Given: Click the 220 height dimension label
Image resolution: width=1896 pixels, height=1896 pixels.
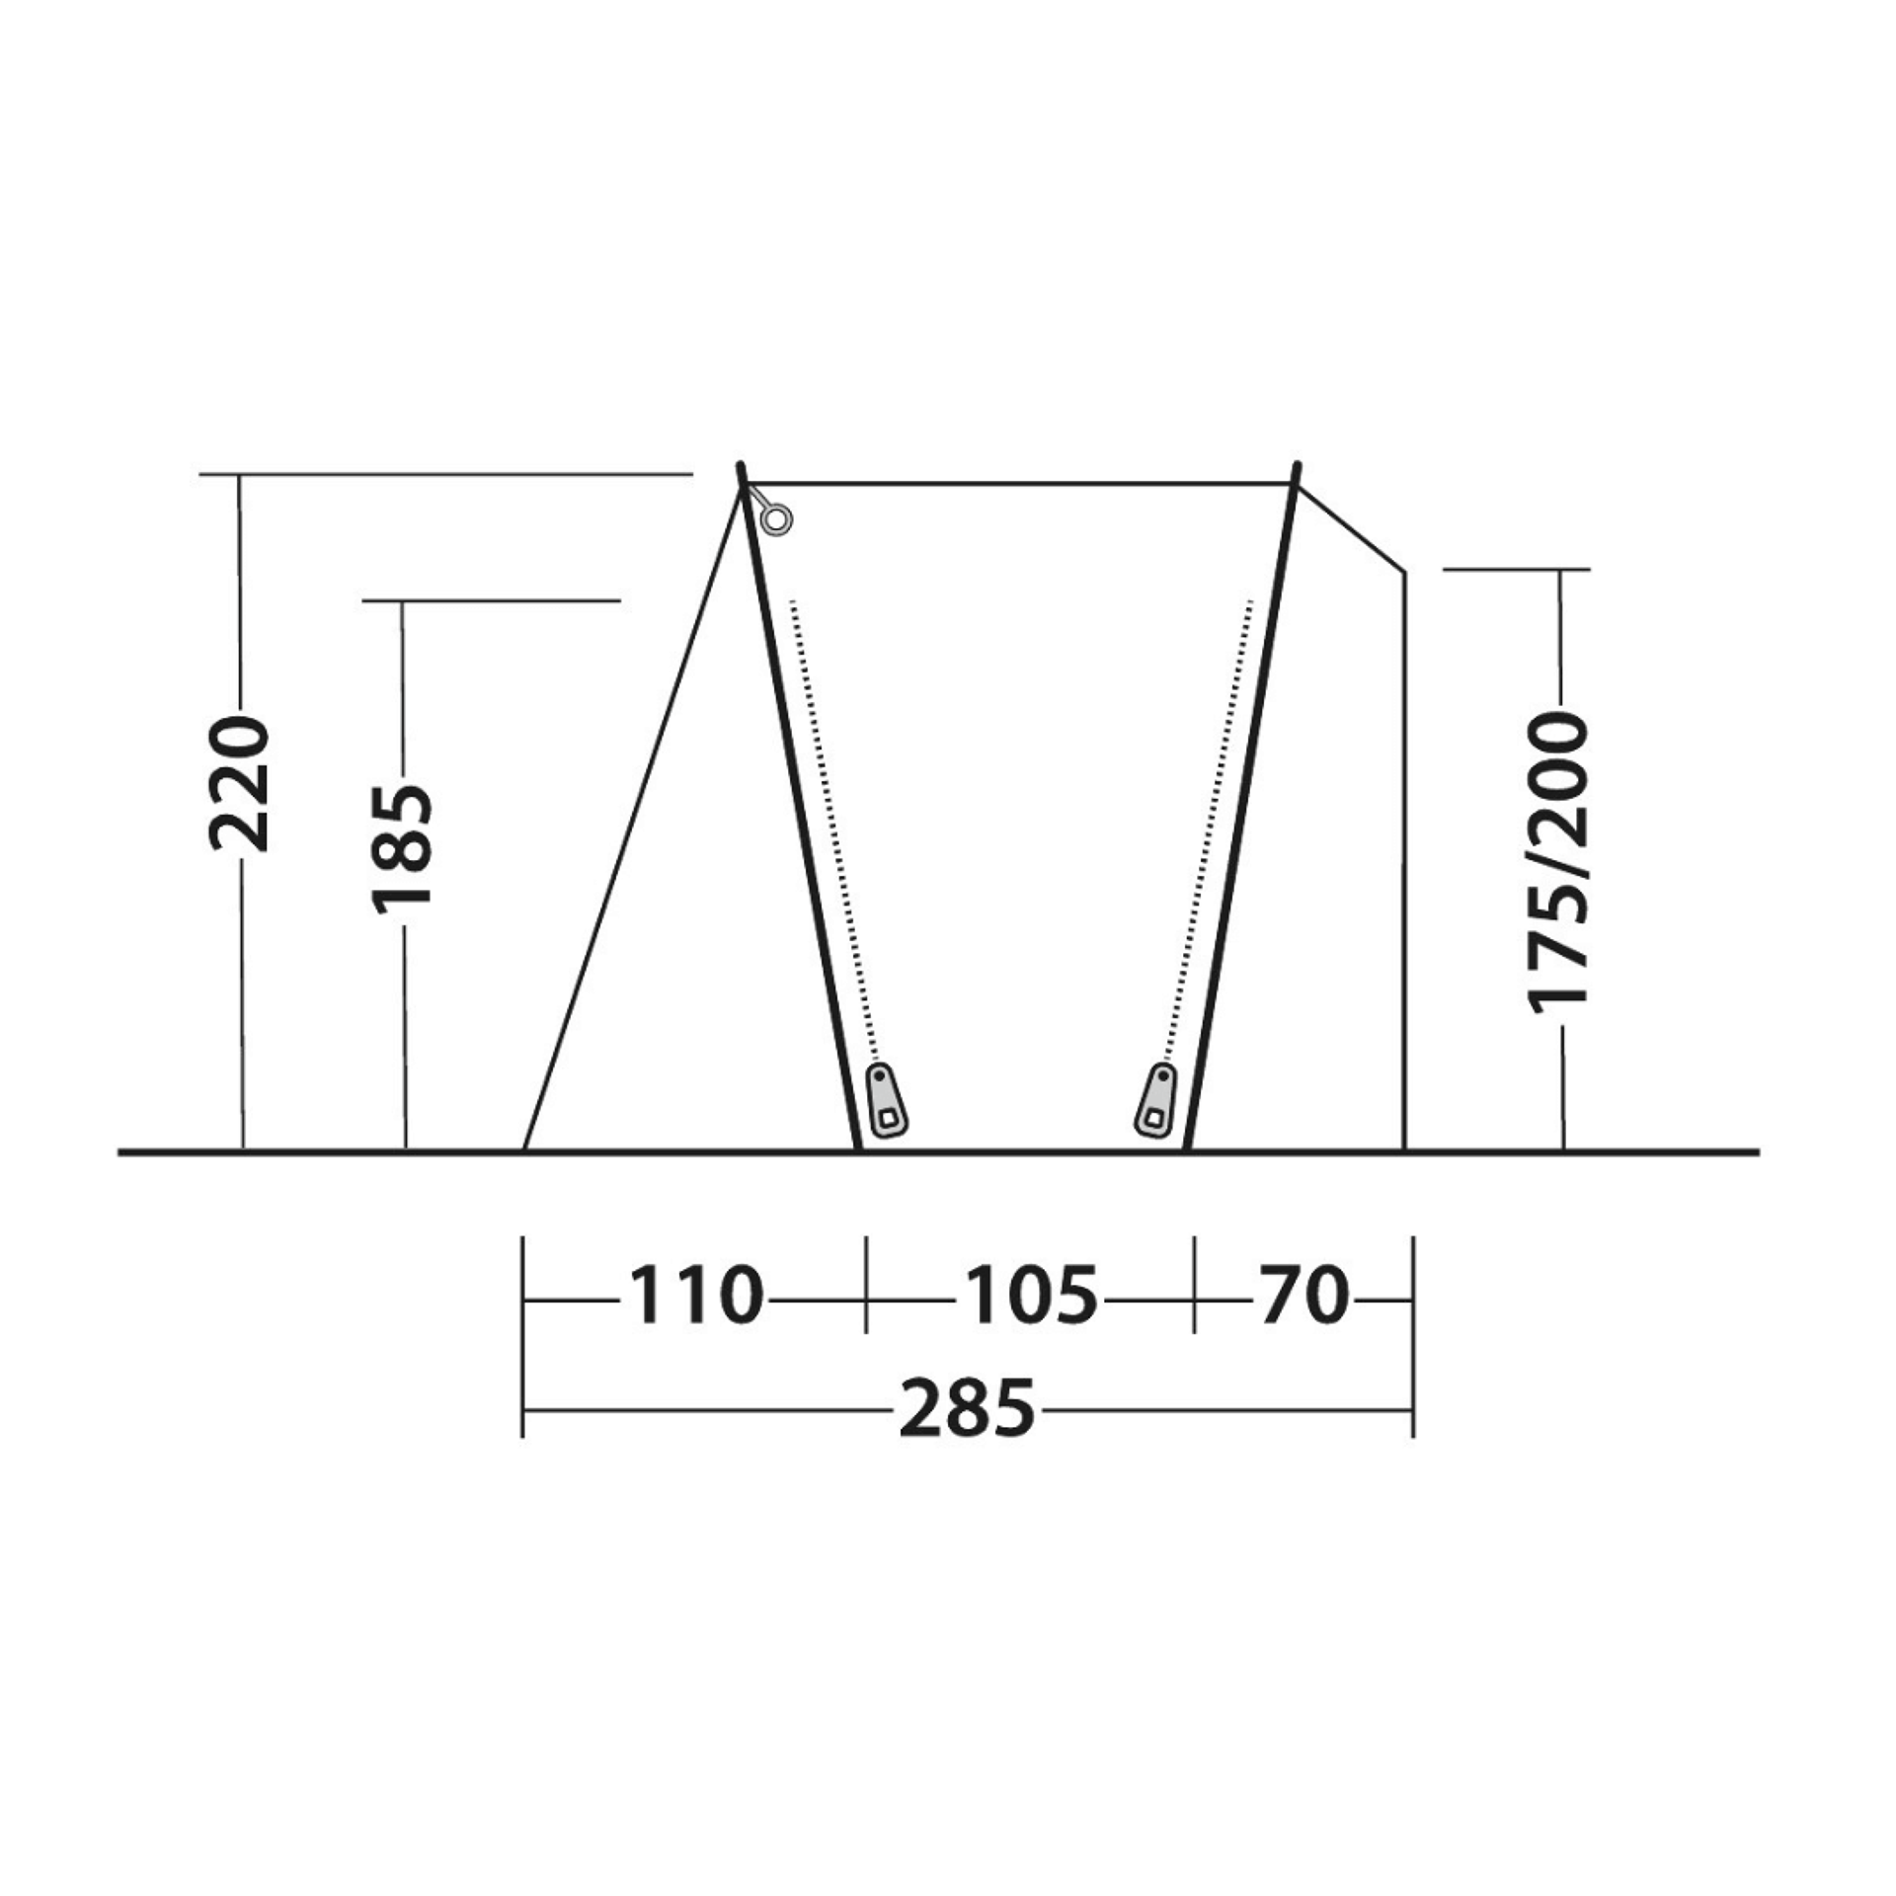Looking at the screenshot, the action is pos(239,785).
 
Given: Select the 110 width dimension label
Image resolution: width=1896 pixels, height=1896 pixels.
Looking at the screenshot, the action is pos(695,1295).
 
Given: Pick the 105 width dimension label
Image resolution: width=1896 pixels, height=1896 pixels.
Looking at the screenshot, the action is pos(1030,1295).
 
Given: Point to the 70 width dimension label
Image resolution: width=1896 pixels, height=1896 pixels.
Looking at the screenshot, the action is pos(1303,1295).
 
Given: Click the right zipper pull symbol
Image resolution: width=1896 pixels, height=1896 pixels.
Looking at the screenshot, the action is pos(1156,1099).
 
